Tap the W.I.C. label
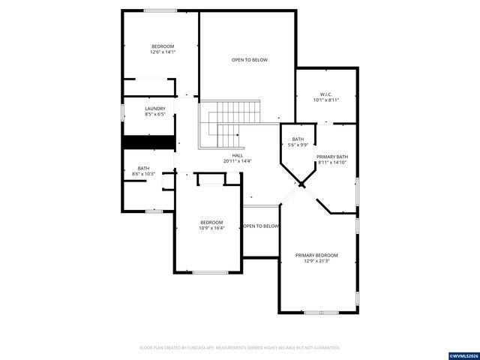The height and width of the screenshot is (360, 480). pyautogui.click(x=325, y=94)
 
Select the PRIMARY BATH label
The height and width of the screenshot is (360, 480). pyautogui.click(x=331, y=157)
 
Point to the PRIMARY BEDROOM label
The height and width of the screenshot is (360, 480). pyautogui.click(x=316, y=255)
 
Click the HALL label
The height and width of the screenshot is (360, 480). pyautogui.click(x=237, y=155)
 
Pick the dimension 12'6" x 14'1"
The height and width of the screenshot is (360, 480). pyautogui.click(x=163, y=52)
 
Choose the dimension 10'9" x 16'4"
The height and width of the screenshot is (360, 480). pyautogui.click(x=211, y=228)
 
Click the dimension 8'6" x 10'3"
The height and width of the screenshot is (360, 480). pyautogui.click(x=143, y=174)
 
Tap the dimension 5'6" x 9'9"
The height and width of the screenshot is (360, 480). pyautogui.click(x=298, y=145)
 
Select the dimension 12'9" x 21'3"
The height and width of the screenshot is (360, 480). pyautogui.click(x=316, y=261)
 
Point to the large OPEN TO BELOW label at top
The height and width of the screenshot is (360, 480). pyautogui.click(x=249, y=60)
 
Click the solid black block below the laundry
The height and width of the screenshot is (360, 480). pyautogui.click(x=148, y=142)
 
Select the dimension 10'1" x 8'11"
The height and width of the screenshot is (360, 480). pyautogui.click(x=325, y=100)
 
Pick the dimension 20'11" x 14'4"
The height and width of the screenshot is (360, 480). pyautogui.click(x=237, y=161)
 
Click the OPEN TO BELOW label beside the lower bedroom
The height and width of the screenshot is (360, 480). pyautogui.click(x=261, y=226)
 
